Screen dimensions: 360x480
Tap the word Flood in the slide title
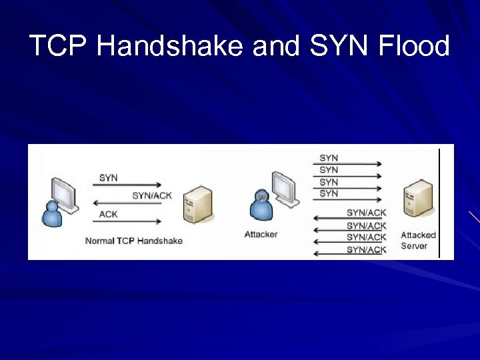[413, 47]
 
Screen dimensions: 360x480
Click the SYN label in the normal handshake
[109, 177]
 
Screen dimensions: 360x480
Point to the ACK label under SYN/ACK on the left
[109, 214]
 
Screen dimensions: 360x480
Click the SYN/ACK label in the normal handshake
[151, 195]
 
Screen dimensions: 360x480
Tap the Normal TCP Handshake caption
[134, 241]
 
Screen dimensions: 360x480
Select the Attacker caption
[261, 234]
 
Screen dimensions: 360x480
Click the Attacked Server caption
[418, 241]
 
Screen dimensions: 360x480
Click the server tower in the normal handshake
[198, 204]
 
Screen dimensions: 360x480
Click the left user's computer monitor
[65, 193]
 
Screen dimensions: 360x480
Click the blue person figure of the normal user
[51, 214]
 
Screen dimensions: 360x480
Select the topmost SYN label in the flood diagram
[329, 158]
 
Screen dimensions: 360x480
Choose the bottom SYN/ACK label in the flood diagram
[366, 250]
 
